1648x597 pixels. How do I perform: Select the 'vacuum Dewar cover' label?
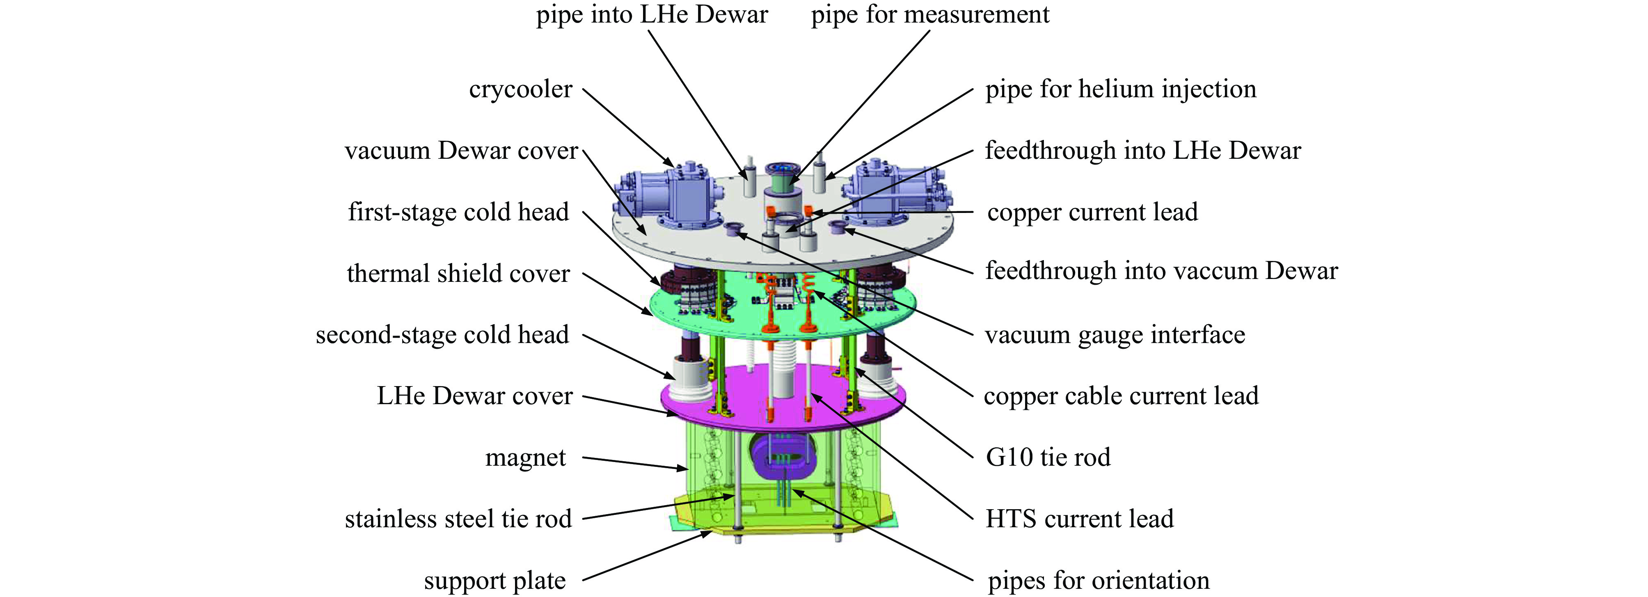click(460, 151)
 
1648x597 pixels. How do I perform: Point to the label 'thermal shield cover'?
click(458, 274)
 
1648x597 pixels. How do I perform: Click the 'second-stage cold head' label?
click(442, 335)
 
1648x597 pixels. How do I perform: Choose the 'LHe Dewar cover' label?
click(474, 396)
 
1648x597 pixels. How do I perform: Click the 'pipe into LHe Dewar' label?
click(651, 15)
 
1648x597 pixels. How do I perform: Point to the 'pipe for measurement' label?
click(929, 15)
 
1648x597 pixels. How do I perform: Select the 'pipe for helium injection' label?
click(1120, 89)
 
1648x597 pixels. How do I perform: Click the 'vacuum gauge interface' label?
click(1115, 335)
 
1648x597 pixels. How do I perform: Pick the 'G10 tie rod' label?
click(1048, 457)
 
